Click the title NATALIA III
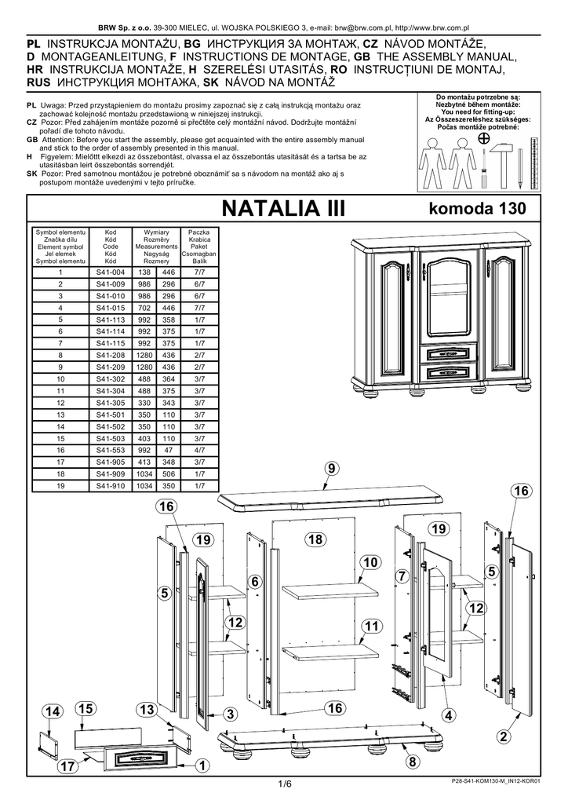(x=283, y=209)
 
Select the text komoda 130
(x=477, y=208)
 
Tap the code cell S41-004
(x=110, y=272)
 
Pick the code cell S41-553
(x=110, y=450)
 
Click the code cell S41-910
(x=110, y=486)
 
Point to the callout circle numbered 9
(x=332, y=468)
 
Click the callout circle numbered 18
(x=316, y=539)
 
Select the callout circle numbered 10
(x=370, y=562)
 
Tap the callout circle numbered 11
(x=371, y=626)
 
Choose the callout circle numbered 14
(x=52, y=711)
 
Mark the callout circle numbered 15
(x=86, y=709)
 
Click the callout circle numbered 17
(x=67, y=766)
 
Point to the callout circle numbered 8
(x=413, y=762)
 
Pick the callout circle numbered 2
(x=504, y=736)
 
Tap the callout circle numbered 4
(x=449, y=715)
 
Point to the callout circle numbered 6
(x=255, y=582)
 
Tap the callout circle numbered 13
(x=147, y=710)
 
